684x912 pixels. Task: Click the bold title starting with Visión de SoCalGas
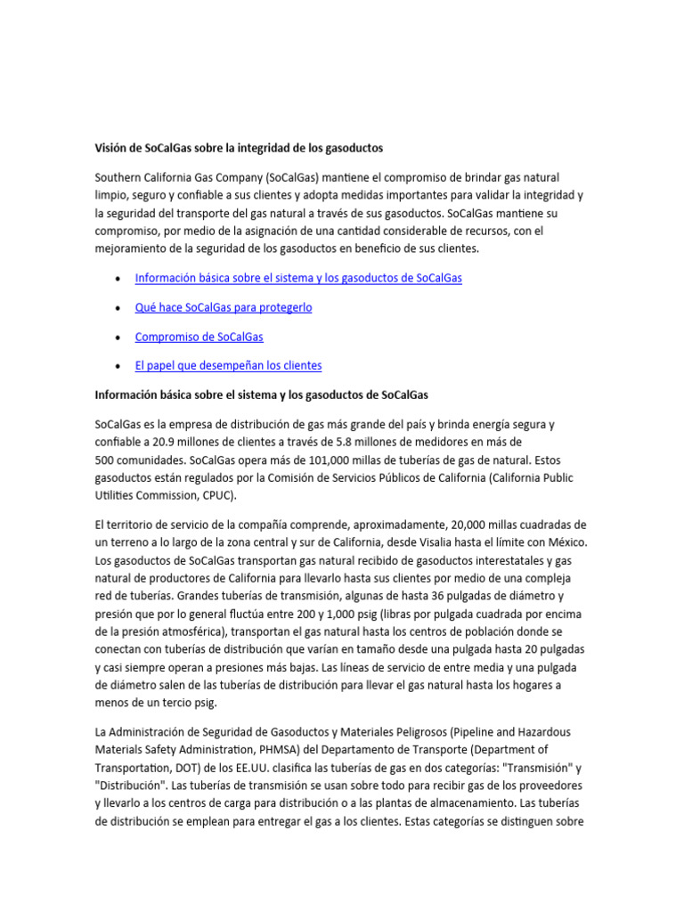pos(239,146)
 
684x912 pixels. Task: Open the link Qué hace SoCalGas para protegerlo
pos(223,307)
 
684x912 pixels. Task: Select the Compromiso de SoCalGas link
pos(199,337)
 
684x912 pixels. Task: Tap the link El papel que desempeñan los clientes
pos(228,365)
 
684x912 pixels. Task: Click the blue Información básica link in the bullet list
pos(298,278)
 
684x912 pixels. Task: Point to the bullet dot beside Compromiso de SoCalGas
pos(118,338)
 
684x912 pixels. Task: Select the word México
pos(564,542)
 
